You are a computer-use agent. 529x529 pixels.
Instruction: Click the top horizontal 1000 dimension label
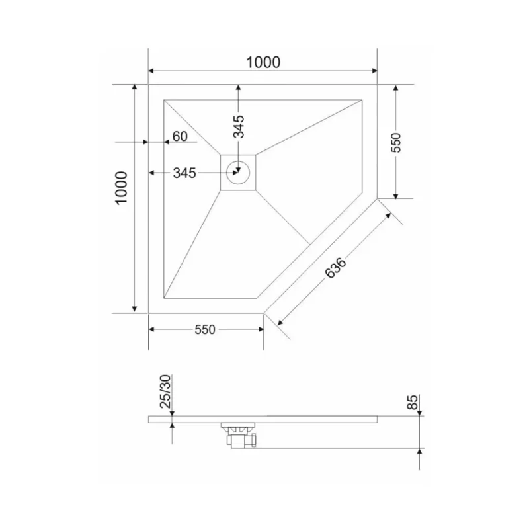point(263,62)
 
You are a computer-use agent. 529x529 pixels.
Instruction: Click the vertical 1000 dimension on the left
point(120,189)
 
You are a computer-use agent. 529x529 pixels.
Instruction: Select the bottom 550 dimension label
point(205,330)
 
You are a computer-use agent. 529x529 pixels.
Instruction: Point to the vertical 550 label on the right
point(395,142)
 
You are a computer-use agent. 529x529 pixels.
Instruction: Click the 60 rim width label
point(180,136)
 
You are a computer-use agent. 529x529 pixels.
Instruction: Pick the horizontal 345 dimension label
point(184,173)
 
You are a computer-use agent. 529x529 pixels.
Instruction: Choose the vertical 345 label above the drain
point(239,126)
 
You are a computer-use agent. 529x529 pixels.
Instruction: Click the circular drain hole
point(237,173)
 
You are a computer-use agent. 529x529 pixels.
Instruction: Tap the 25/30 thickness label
point(166,390)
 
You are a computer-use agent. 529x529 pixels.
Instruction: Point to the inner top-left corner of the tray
point(164,99)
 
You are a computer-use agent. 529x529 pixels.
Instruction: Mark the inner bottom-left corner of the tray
point(164,298)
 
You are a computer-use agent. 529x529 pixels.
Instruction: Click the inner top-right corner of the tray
point(362,99)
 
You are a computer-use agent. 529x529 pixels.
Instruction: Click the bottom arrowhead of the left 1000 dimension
point(135,309)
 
